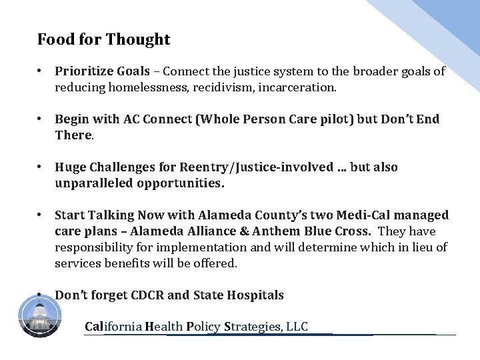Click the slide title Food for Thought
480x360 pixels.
104,40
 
